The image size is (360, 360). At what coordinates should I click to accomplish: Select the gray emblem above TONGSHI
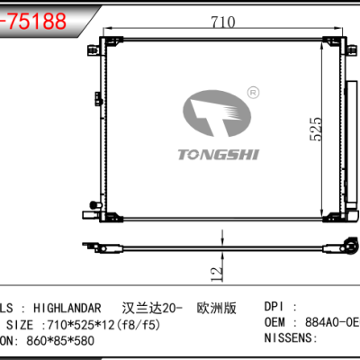[x=216, y=112]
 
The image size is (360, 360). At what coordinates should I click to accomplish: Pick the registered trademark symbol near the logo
[x=253, y=91]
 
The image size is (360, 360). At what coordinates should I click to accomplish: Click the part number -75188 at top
[x=33, y=21]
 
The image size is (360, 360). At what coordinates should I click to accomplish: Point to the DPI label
[x=276, y=306]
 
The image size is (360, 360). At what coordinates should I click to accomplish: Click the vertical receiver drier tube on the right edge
[x=345, y=126]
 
